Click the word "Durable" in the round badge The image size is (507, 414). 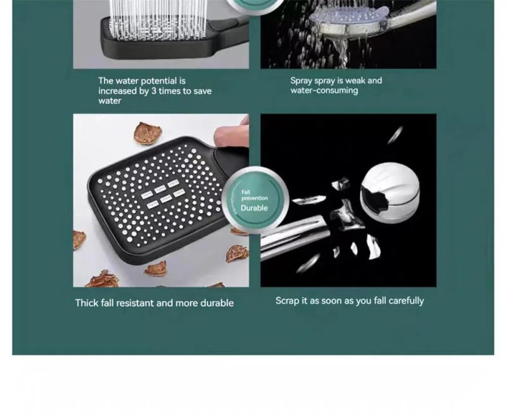[254, 208]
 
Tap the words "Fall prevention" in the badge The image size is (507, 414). [254, 195]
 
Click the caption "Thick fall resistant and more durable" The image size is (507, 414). [154, 303]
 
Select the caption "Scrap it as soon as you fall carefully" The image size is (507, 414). [349, 301]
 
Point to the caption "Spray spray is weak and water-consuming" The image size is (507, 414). [336, 86]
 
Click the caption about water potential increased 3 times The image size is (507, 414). [155, 91]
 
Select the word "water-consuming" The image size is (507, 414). [324, 91]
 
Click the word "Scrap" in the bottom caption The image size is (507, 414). [288, 301]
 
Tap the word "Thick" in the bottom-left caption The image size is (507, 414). [86, 303]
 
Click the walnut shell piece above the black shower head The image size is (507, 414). [146, 133]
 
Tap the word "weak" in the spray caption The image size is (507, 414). [356, 81]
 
